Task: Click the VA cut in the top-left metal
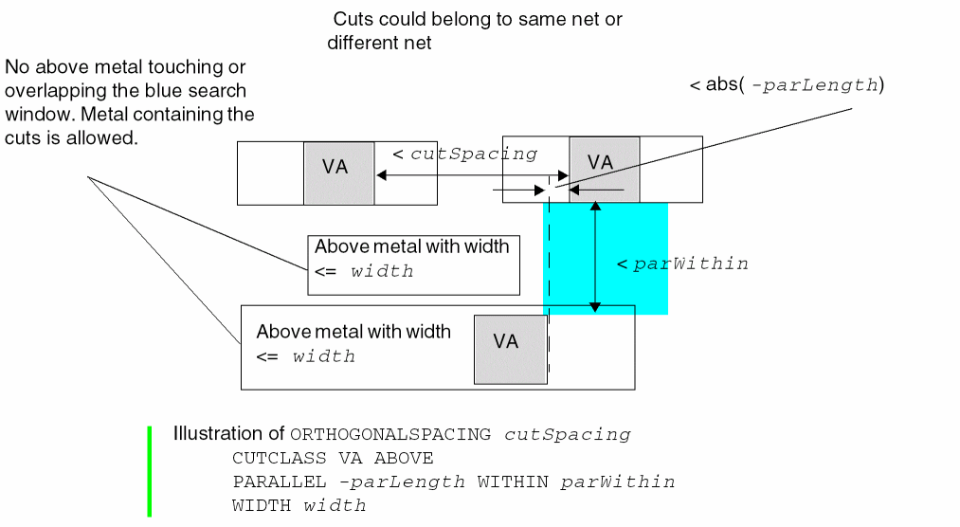click(339, 173)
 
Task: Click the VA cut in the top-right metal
click(605, 169)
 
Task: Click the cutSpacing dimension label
click(473, 154)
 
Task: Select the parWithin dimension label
click(691, 263)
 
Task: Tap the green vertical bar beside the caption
click(150, 471)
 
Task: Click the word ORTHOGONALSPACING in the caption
click(390, 435)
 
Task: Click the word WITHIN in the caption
click(513, 482)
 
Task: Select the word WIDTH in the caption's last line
click(263, 506)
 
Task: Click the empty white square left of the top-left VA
click(270, 173)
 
